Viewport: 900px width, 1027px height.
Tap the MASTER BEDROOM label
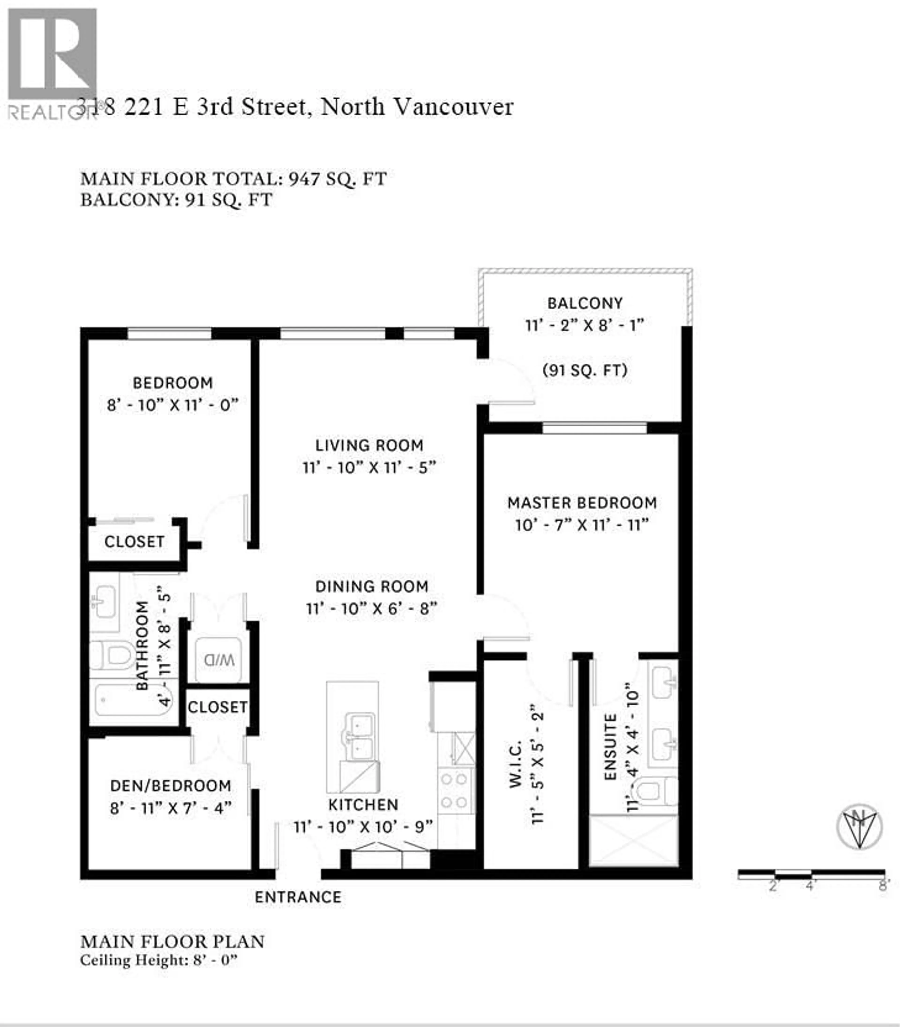coord(582,503)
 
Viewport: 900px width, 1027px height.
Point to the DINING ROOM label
coord(372,586)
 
